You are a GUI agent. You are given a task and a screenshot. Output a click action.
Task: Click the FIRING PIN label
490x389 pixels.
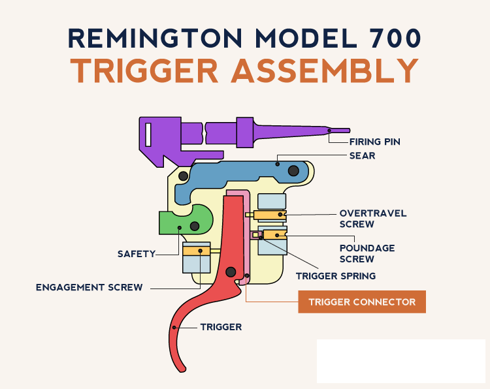point(374,142)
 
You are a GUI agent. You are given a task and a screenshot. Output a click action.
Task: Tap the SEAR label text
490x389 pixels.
point(362,156)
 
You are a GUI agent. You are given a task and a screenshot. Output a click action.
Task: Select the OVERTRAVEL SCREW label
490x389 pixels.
point(372,219)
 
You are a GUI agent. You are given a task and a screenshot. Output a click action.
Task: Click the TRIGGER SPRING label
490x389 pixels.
point(336,276)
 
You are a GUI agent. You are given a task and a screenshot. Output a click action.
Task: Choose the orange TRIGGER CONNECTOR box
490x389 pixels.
point(362,302)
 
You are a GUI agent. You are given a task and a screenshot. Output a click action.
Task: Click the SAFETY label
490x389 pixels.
point(137,253)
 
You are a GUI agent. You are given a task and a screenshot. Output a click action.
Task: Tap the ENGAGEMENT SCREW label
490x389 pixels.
point(90,287)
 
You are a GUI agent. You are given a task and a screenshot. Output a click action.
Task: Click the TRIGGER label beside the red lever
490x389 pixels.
point(221,327)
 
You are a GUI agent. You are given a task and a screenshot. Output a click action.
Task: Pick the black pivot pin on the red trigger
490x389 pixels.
point(230,272)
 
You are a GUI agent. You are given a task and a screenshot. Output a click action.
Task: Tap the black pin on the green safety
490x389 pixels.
point(195,226)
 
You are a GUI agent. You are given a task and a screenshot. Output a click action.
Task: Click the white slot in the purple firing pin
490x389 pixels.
point(148,135)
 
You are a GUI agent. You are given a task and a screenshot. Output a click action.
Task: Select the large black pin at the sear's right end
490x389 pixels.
point(294,171)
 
